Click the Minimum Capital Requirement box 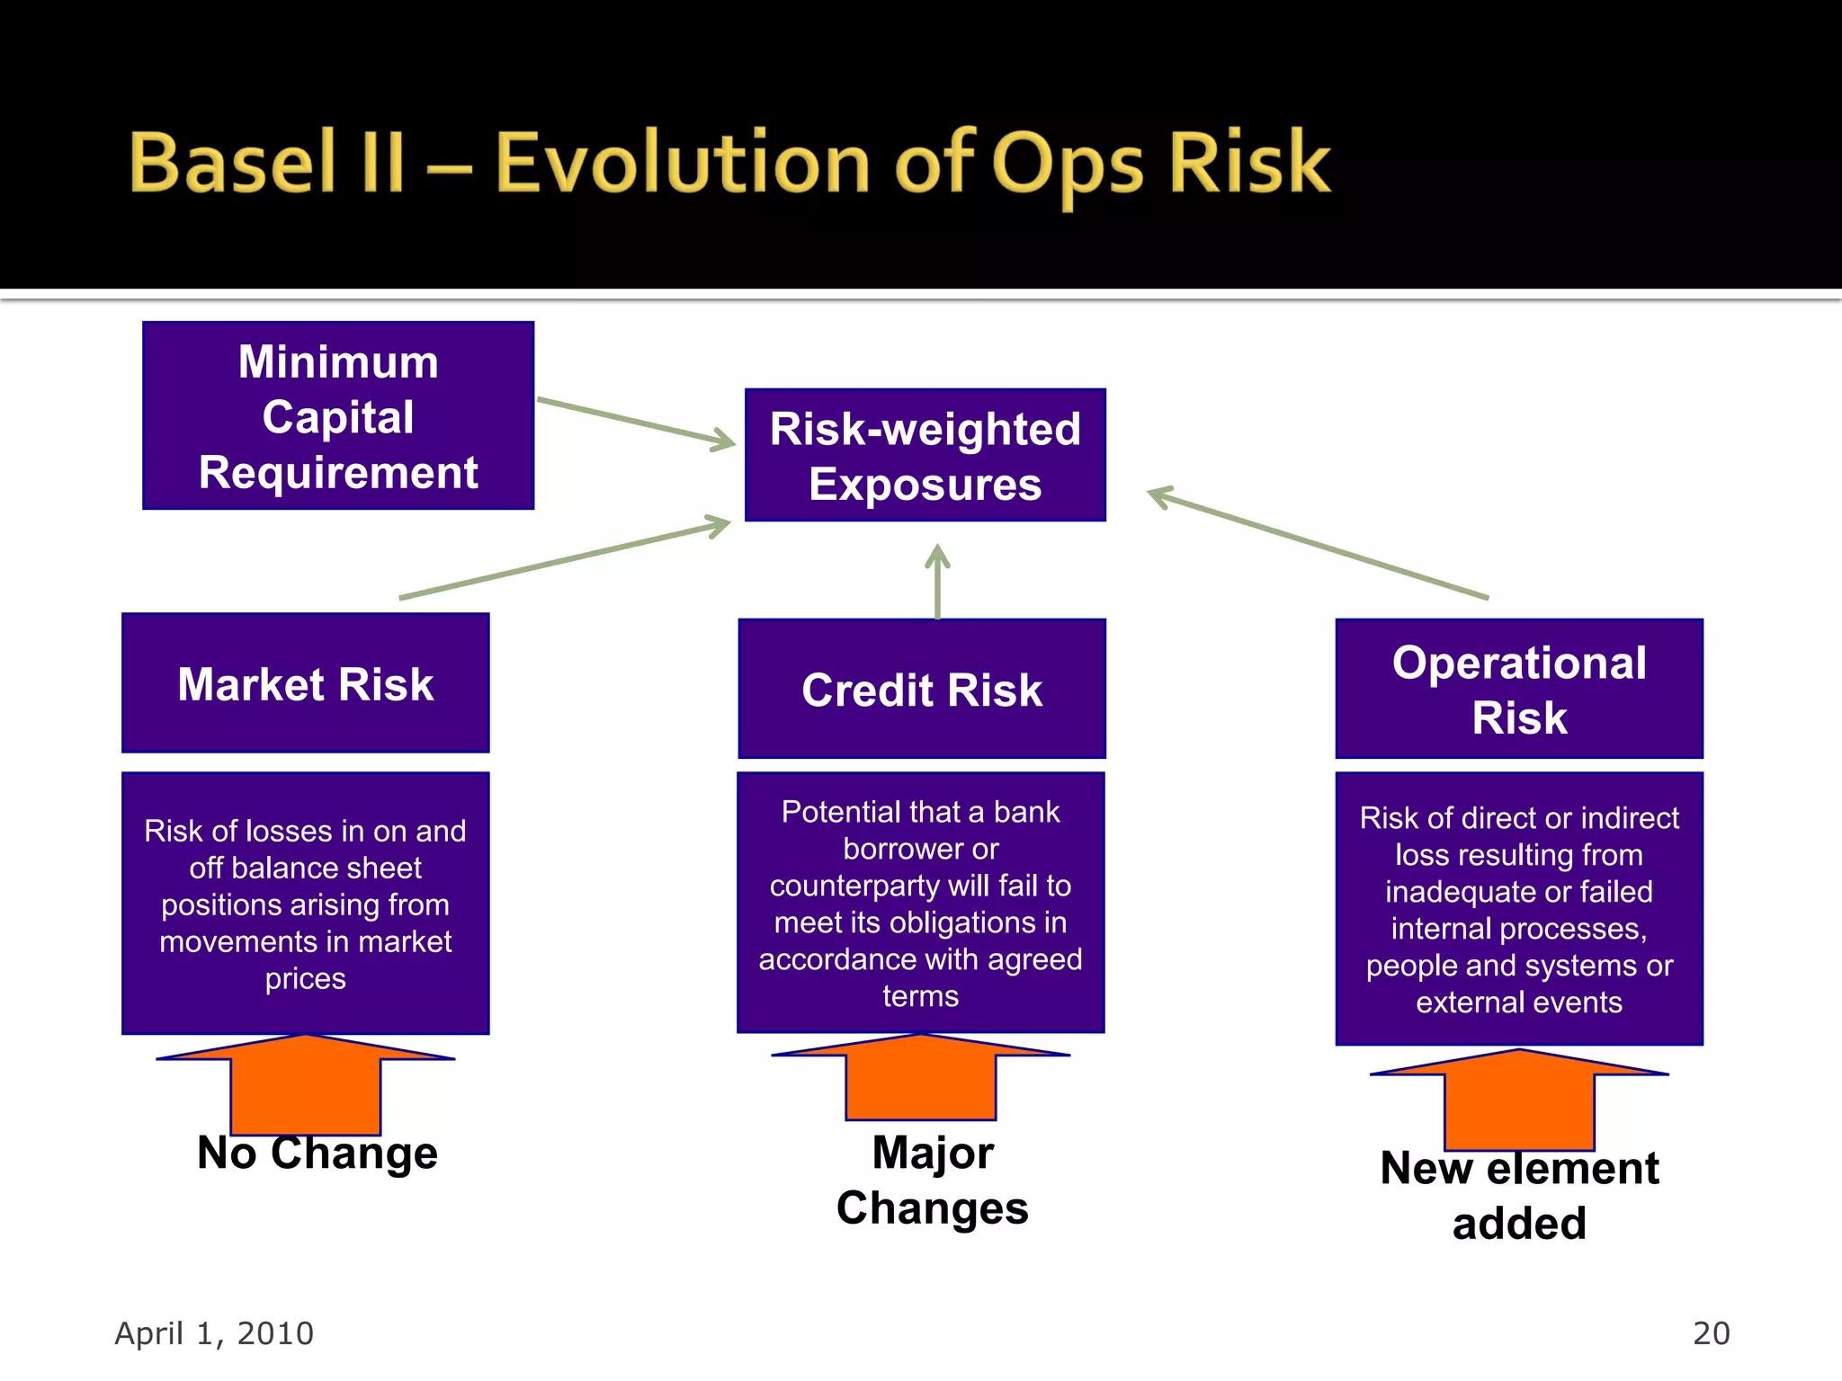[x=338, y=415]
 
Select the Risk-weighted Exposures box [x=925, y=455]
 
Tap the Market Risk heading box [x=306, y=683]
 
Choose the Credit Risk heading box [x=921, y=689]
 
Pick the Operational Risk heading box [x=1519, y=689]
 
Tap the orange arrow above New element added [x=1519, y=1097]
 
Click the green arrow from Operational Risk [x=1318, y=543]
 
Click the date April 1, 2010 [x=214, y=1333]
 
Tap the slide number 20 [x=1711, y=1333]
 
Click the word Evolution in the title [x=682, y=164]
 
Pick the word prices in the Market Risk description [x=306, y=978]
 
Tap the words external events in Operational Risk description [x=1519, y=1002]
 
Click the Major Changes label [x=933, y=1180]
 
